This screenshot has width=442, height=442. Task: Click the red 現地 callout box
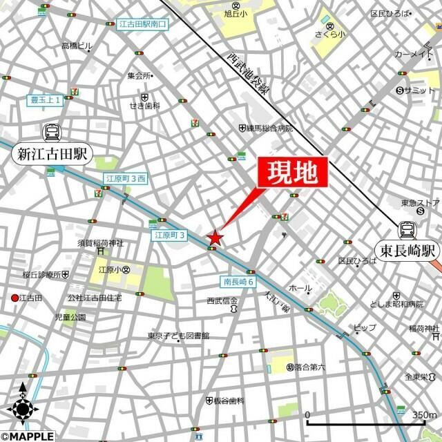(291, 173)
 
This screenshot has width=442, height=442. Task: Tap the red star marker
(215, 237)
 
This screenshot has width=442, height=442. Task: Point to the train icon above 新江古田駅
(51, 132)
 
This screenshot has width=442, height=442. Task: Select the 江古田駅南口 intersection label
(143, 24)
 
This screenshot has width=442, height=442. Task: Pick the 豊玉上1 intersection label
(46, 99)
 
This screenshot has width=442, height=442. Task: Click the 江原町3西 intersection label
(126, 179)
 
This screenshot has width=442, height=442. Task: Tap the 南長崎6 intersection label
(239, 282)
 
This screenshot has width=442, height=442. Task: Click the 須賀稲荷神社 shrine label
(100, 243)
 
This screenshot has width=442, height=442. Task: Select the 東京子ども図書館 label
(177, 336)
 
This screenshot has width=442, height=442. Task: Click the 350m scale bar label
(423, 415)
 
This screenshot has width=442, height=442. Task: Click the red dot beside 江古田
(15, 298)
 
